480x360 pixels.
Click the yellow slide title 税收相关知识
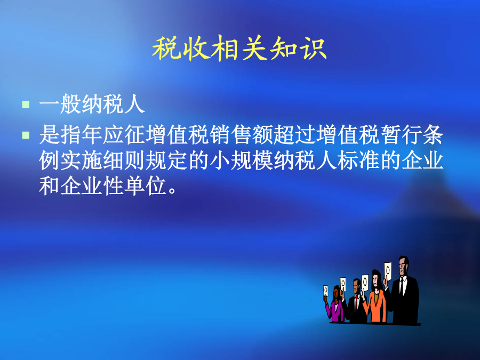pos(239,49)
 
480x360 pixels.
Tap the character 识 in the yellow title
pos(314,49)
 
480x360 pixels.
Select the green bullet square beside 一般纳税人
pos(26,105)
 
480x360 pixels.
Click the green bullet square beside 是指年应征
pos(26,135)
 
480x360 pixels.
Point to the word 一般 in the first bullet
pos(60,104)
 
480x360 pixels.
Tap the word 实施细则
pos(102,161)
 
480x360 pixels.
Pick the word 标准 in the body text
pos(359,161)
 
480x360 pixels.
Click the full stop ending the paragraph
pos(172,190)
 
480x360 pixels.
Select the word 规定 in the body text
pos(166,161)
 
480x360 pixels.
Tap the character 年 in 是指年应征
pos(92,135)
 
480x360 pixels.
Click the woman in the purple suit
pos(335,305)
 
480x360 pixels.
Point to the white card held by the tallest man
pos(388,271)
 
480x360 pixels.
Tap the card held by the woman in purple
pos(326,291)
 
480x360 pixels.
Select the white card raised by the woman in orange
pos(365,283)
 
